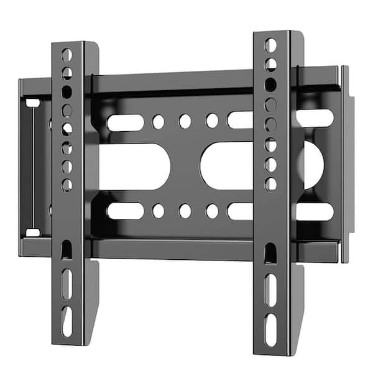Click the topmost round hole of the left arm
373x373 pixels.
pos(67,55)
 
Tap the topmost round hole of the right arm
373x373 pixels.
pos(270,45)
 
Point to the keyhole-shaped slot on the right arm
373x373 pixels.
pos(270,252)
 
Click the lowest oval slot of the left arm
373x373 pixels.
pos(67,321)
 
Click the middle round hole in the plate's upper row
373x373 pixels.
pos(185,121)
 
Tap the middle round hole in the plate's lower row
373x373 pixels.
pos(185,211)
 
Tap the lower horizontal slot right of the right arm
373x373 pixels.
pos(315,212)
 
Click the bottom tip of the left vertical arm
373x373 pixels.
pos(68,343)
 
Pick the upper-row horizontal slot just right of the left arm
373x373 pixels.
pos(125,122)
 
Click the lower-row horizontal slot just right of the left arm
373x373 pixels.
pos(125,211)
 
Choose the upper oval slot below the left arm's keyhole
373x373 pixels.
pos(67,284)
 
